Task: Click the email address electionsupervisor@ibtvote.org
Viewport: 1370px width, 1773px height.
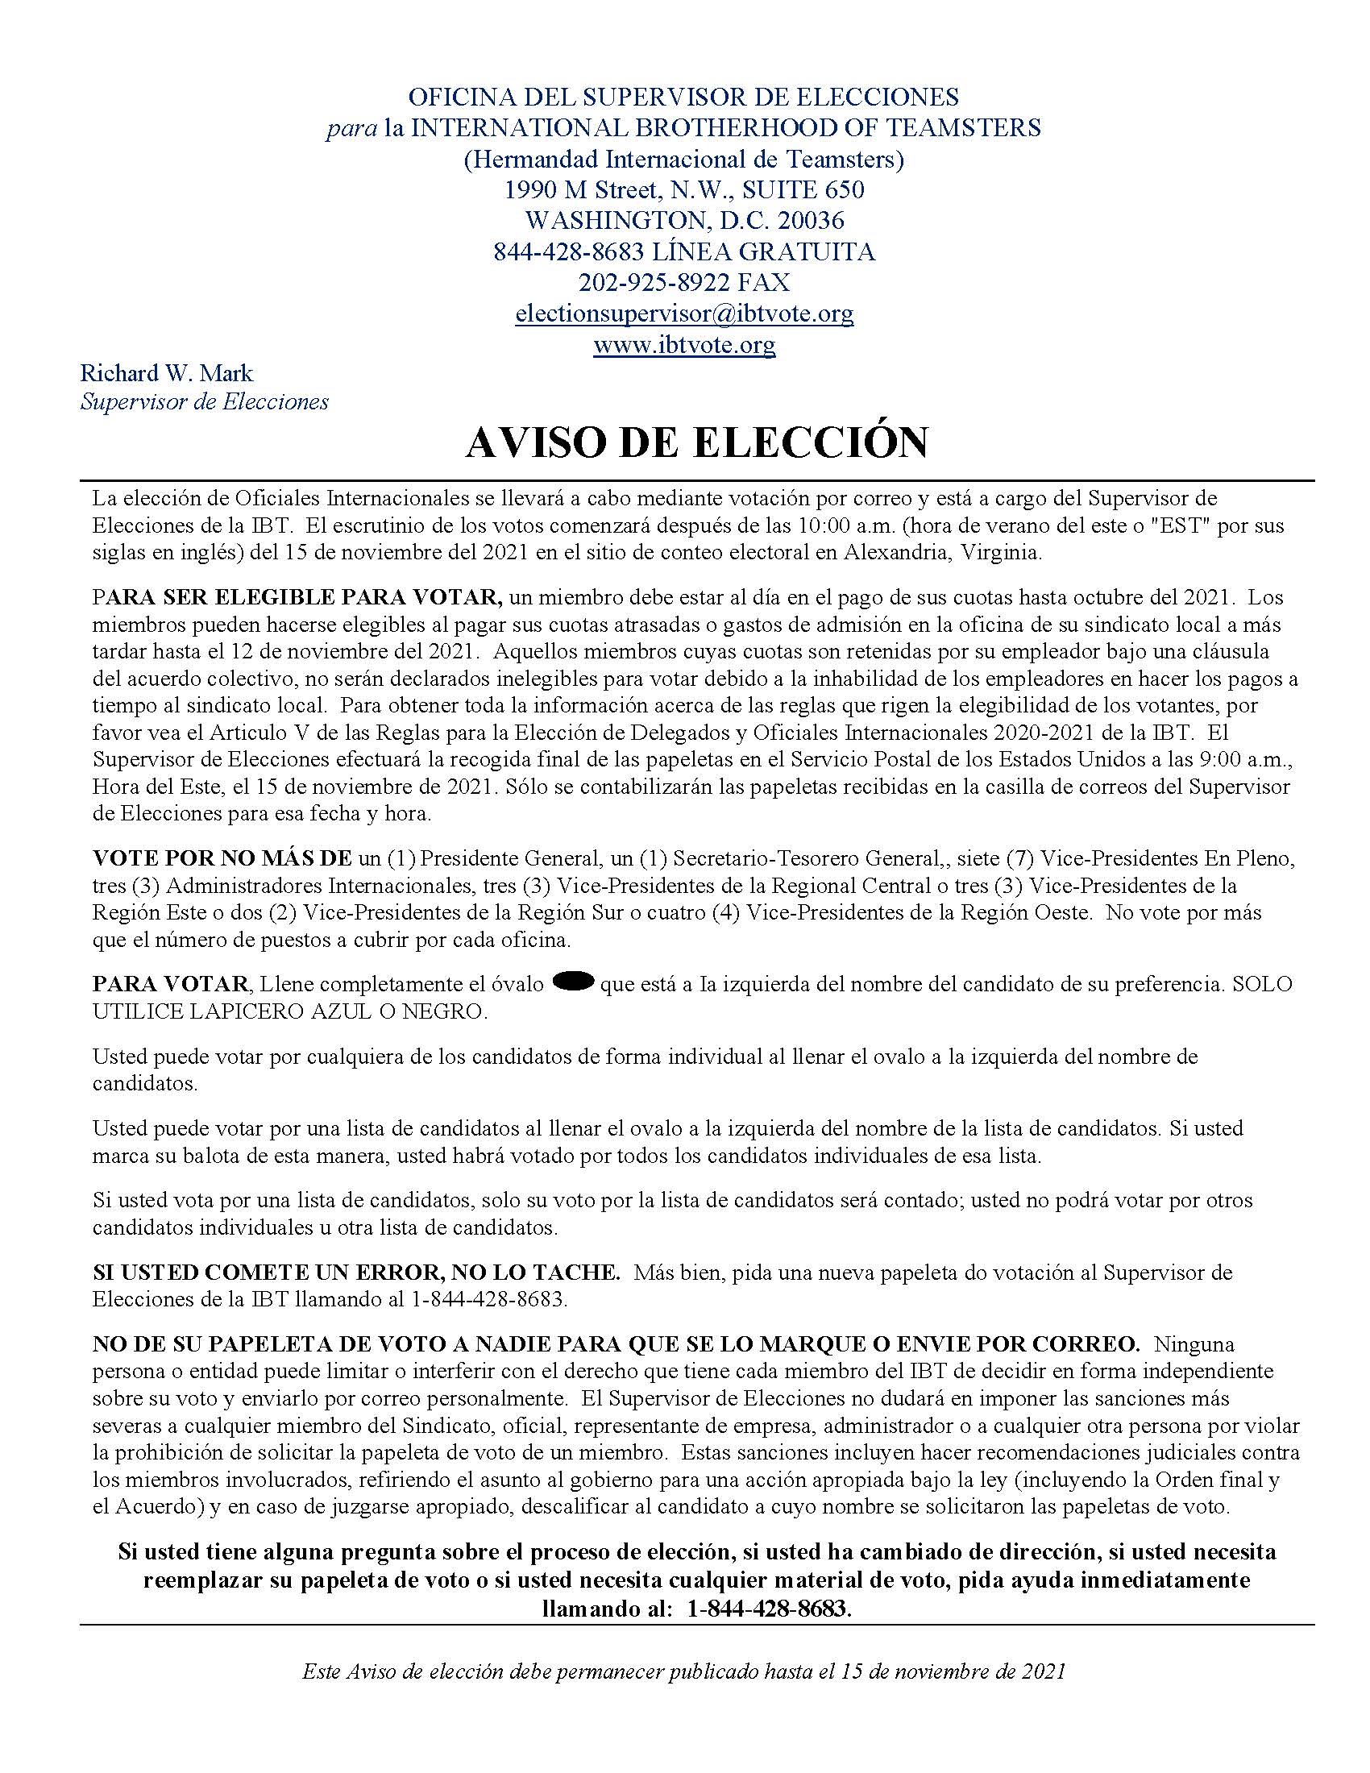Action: [684, 313]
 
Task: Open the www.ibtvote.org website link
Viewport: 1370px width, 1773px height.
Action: [684, 345]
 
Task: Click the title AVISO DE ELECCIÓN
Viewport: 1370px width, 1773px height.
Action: [696, 442]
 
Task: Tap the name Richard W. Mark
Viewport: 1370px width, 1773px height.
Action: [166, 373]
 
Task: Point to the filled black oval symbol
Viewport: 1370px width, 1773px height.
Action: [574, 982]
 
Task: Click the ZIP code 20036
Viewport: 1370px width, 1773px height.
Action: [811, 220]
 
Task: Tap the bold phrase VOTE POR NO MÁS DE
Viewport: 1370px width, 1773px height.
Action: [222, 858]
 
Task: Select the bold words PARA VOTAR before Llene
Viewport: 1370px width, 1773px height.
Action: [170, 984]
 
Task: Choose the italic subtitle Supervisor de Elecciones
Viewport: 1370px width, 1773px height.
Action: [205, 402]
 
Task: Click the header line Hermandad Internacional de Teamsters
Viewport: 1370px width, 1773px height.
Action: [683, 159]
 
